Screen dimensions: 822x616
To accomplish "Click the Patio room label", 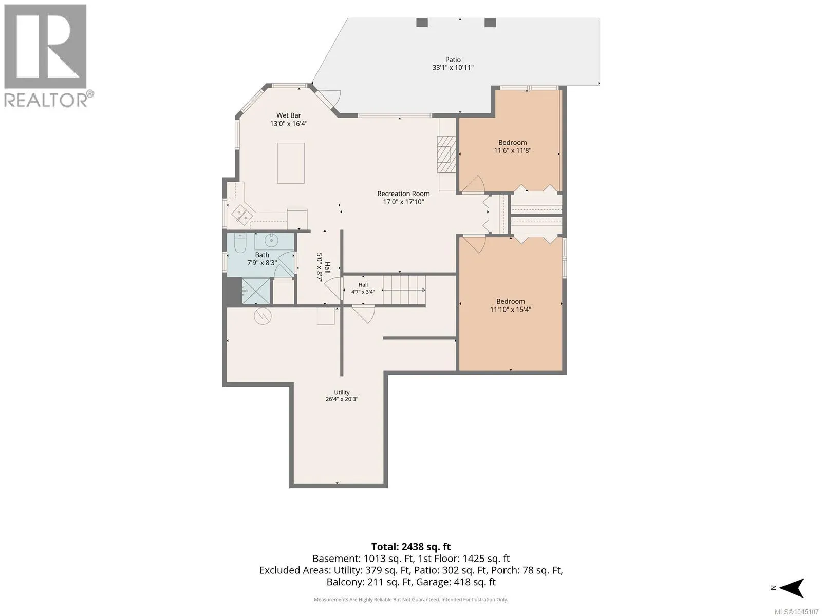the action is [453, 60].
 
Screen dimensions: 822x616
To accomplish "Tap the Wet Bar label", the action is [288, 115].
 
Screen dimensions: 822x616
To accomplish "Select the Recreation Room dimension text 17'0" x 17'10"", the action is [403, 202].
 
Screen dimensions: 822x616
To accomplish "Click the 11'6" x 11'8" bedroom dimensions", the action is [512, 151].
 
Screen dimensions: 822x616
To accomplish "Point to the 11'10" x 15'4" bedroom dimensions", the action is [511, 310].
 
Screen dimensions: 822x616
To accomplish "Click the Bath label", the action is [262, 255].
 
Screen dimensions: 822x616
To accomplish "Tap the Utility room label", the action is [342, 392].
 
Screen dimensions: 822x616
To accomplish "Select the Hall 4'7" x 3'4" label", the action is [363, 288].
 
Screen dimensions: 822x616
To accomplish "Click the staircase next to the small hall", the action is [404, 290].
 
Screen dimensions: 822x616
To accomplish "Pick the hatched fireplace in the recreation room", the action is [446, 154].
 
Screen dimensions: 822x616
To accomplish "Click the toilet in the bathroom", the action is [240, 243].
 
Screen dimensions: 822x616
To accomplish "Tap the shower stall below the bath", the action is [256, 292].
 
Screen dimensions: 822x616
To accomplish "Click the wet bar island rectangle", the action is [291, 163].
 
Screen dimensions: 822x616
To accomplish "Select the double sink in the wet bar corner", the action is [241, 215].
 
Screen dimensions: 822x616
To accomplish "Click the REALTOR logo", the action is [47, 56].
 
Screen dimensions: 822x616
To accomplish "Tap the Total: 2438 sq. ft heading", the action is [411, 547].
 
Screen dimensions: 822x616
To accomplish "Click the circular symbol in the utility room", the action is [263, 316].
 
